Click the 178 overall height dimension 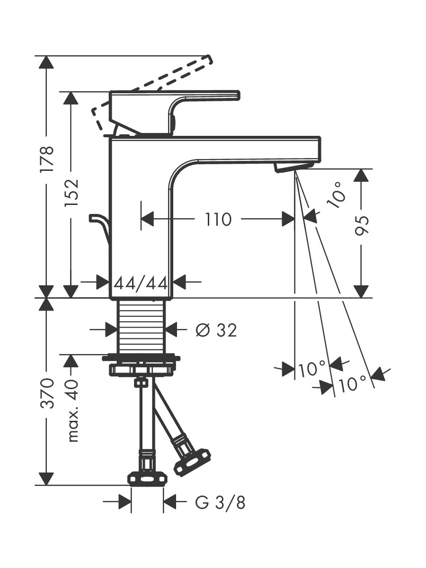47,159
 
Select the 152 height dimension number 71,192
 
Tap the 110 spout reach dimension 218,219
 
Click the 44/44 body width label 141,284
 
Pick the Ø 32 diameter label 216,330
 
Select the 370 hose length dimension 47,393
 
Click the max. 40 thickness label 71,411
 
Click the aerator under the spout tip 294,167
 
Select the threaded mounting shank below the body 141,326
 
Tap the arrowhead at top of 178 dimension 46,62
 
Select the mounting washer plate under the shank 141,358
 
